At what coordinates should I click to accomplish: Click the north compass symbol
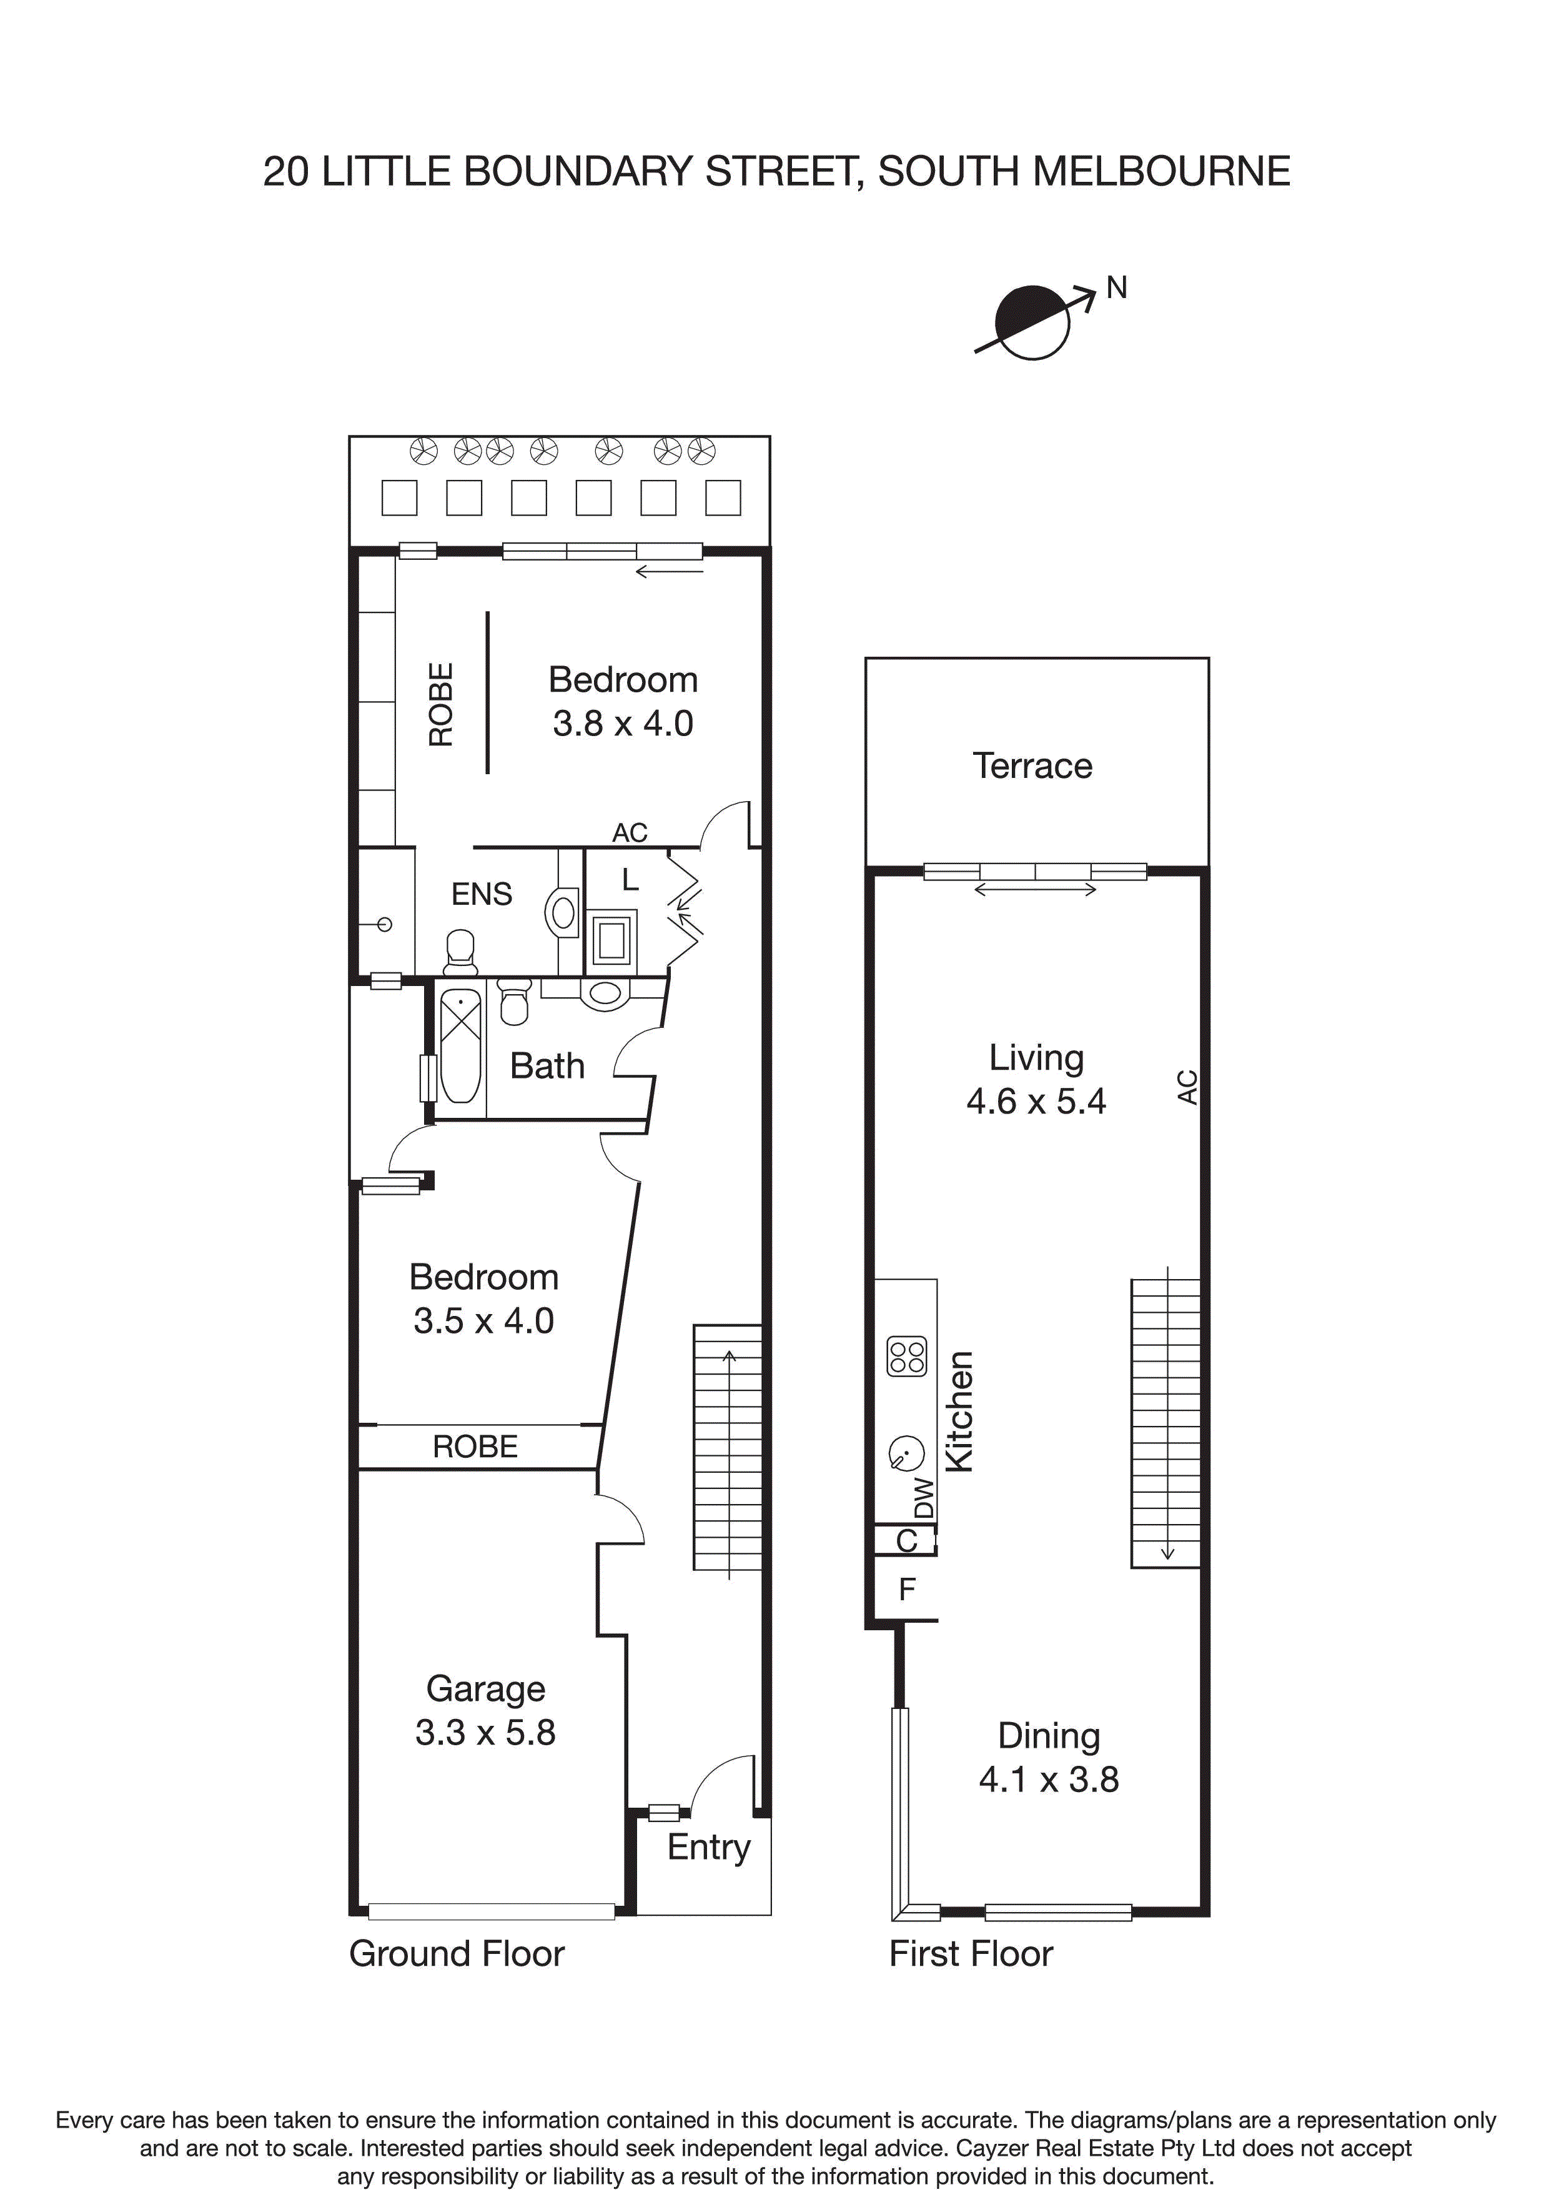pyautogui.click(x=1032, y=322)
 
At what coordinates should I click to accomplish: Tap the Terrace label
pyautogui.click(x=1032, y=765)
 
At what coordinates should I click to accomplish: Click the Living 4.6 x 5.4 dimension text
pyautogui.click(x=1036, y=1101)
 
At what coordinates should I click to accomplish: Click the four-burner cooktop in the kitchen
pyautogui.click(x=907, y=1357)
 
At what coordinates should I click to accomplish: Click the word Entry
pyautogui.click(x=708, y=1846)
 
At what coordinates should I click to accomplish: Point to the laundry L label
pyautogui.click(x=630, y=879)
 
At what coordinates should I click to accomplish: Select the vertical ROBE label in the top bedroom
pyautogui.click(x=441, y=705)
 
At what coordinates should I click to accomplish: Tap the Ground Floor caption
pyautogui.click(x=456, y=1953)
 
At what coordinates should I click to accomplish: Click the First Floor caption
pyautogui.click(x=971, y=1953)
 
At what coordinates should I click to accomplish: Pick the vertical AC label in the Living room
pyautogui.click(x=1186, y=1087)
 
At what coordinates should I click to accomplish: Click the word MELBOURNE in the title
pyautogui.click(x=1161, y=172)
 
